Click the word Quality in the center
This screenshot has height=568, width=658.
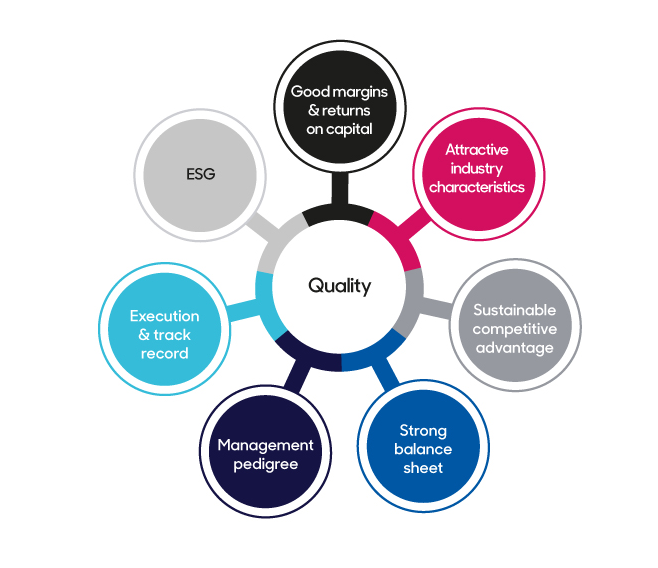coord(339,286)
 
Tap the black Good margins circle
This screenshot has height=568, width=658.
coord(339,109)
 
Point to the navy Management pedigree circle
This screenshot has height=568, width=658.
coord(265,454)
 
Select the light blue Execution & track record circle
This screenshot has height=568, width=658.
coord(164,333)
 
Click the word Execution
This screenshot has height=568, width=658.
coord(164,316)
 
